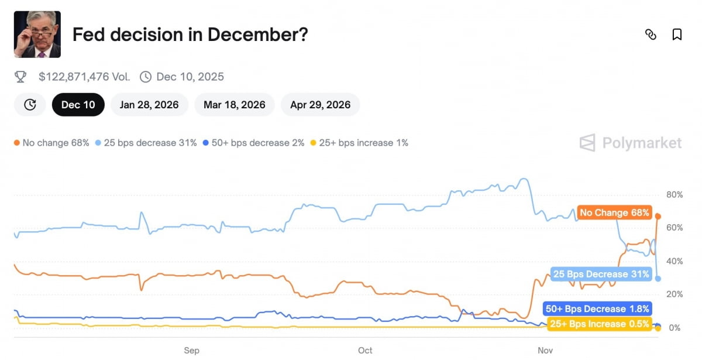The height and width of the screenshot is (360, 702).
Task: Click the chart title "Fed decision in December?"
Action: [190, 35]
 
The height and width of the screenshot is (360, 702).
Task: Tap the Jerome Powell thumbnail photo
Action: [37, 34]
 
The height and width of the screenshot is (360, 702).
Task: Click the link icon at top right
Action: [651, 35]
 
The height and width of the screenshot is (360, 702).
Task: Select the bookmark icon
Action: [677, 35]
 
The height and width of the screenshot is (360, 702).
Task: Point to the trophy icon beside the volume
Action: [20, 77]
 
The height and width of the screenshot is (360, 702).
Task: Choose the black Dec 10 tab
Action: [78, 105]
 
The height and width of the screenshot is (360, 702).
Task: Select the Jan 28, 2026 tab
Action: [149, 105]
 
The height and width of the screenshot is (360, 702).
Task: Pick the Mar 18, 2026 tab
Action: [234, 105]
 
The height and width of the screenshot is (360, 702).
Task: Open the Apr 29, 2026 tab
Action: [320, 105]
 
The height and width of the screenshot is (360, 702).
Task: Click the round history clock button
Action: [30, 105]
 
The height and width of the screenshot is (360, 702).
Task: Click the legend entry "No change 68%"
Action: [51, 143]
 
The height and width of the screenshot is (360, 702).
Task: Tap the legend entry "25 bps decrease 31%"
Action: [146, 143]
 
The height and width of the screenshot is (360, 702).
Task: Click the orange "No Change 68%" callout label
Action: [614, 212]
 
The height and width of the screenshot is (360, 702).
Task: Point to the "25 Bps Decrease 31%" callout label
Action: [601, 274]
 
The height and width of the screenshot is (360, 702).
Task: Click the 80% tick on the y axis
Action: [675, 194]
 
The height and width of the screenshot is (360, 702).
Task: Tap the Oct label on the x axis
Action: [365, 350]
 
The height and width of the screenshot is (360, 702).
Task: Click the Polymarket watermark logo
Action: [631, 143]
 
